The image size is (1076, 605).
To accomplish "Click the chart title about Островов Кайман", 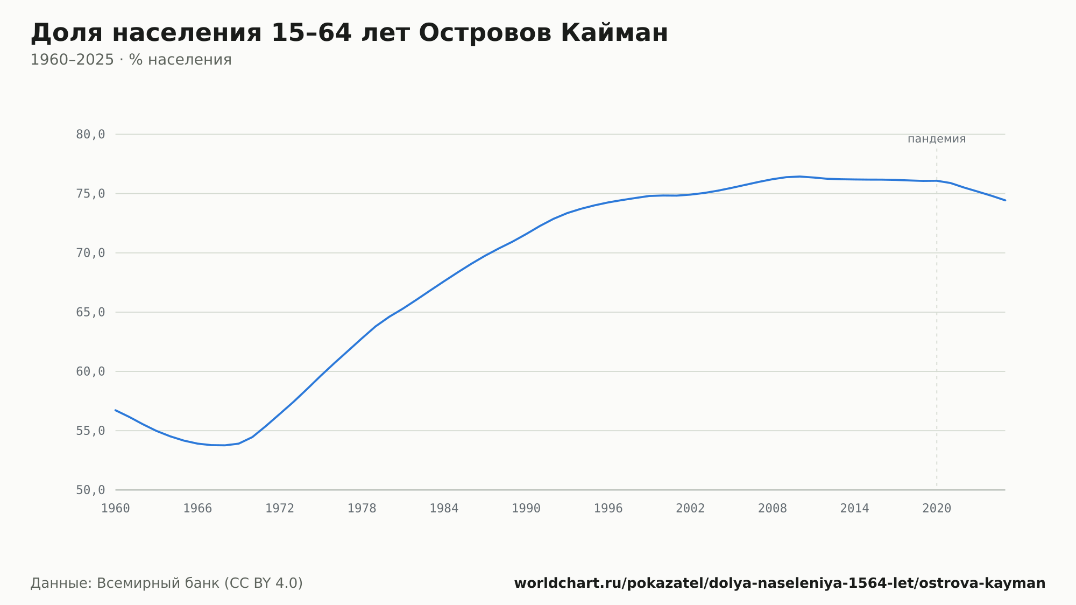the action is coord(349,33).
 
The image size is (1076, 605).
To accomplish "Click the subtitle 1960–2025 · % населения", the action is coord(131,60).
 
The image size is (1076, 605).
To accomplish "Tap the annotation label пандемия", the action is coord(937,139).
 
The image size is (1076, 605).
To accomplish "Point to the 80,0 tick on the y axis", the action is coord(90,135).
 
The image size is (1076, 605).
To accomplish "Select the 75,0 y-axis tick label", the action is coord(90,194).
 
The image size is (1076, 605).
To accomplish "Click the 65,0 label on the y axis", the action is coord(90,312).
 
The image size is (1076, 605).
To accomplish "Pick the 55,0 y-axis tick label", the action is coord(90,431).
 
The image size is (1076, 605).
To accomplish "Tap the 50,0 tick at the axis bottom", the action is coord(90,490).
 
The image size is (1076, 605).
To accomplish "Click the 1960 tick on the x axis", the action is coord(116,509).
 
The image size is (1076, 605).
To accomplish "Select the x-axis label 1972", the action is coord(280,509).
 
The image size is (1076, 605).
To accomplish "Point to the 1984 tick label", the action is coord(444,509).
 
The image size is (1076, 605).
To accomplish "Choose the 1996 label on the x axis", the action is coord(608,509).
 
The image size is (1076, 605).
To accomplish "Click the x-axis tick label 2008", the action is coord(773,509).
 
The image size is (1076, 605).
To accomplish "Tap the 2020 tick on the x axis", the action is coord(937,509).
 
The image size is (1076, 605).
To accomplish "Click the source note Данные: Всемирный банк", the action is coord(167,583).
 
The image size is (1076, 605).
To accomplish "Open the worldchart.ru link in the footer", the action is coord(780,583).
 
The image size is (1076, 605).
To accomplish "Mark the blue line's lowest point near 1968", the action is coord(225,445).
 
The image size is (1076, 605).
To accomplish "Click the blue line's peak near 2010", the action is coord(800,177).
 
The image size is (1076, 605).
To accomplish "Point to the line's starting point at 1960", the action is coord(116,410).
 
